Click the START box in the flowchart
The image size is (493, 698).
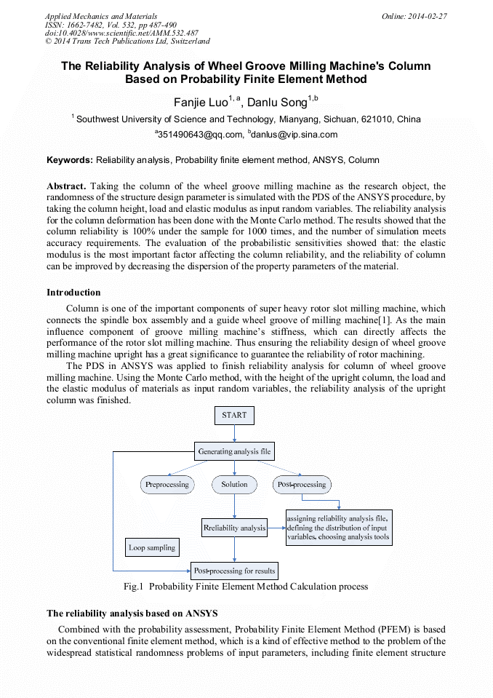(x=234, y=416)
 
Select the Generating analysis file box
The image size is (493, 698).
(x=234, y=452)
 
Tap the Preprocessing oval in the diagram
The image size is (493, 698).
(x=167, y=485)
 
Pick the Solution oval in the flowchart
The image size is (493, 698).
(x=234, y=485)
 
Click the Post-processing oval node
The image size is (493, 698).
(x=301, y=485)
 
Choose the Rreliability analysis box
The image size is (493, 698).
(x=234, y=528)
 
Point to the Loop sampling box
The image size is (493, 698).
(x=152, y=547)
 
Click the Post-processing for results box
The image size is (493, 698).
(x=234, y=571)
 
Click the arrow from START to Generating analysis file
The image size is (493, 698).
(x=234, y=434)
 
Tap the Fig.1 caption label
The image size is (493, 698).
(x=246, y=587)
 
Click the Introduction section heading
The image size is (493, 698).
(x=73, y=293)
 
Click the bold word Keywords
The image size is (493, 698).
(x=70, y=159)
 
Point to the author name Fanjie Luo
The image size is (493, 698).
(x=201, y=102)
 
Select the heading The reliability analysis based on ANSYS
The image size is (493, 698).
(x=132, y=614)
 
